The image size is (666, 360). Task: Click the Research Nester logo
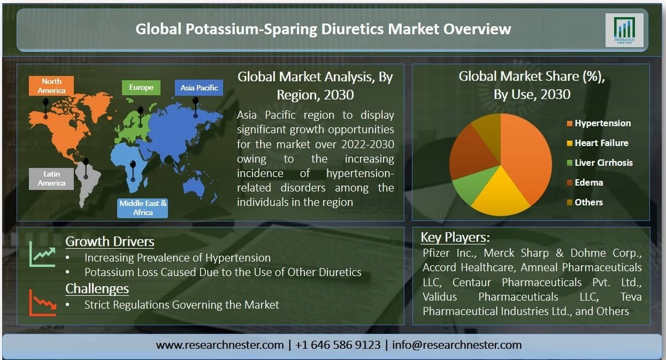[x=624, y=30]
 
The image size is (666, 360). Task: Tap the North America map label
[x=51, y=86]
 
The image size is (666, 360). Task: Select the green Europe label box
[x=141, y=87]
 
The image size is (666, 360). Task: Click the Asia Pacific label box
[x=199, y=88]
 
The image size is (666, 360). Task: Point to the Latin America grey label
[x=51, y=179]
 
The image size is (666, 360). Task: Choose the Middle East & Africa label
[x=143, y=208]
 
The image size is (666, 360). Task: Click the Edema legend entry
[x=585, y=182]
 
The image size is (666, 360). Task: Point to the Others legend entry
[x=585, y=202]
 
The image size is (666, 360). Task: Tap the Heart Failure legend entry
[x=598, y=143]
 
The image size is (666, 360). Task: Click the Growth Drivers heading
[x=110, y=241]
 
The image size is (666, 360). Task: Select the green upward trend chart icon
[x=42, y=254]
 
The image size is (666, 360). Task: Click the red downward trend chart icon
[x=42, y=303]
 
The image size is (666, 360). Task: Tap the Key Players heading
[x=455, y=238]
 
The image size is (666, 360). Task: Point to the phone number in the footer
[x=338, y=345]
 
